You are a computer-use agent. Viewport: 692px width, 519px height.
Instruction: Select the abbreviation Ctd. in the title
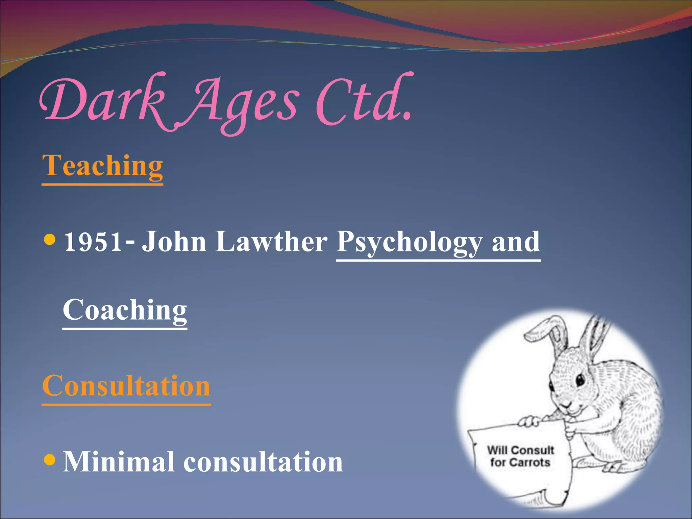click(x=363, y=100)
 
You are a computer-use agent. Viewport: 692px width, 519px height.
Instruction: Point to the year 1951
click(x=93, y=242)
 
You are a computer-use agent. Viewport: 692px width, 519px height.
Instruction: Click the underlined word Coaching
click(x=125, y=310)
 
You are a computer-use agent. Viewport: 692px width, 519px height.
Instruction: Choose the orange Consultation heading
click(x=126, y=386)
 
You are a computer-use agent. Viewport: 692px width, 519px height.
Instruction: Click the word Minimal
click(x=119, y=462)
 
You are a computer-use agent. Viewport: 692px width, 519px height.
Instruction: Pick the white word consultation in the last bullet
click(x=263, y=462)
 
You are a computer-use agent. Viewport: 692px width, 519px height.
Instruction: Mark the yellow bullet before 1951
click(x=50, y=240)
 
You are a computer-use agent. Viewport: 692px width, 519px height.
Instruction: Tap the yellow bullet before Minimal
click(x=50, y=460)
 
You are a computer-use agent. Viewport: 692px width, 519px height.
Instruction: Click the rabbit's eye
click(x=580, y=380)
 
